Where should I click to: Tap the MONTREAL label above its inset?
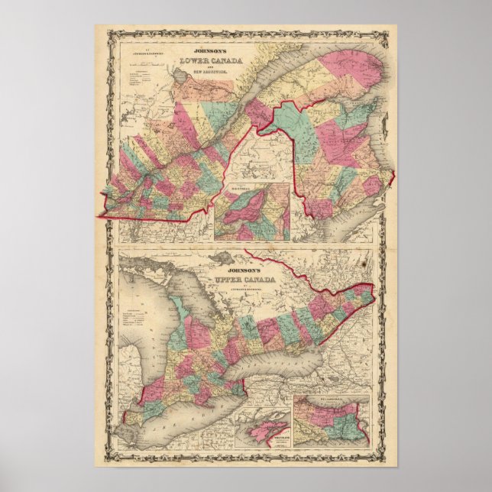coord(251,181)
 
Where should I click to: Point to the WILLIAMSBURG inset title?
coord(332,400)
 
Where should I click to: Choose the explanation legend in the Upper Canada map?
coord(138,317)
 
